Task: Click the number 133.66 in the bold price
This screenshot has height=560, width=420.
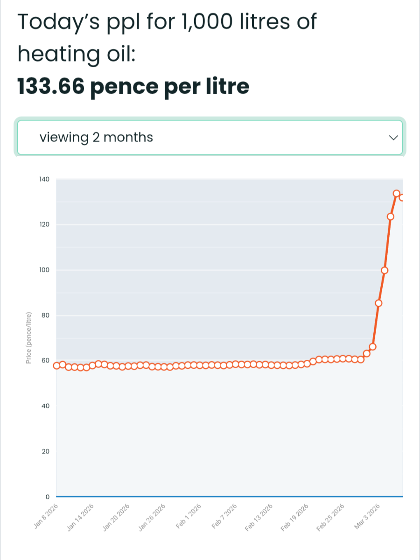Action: tap(51, 86)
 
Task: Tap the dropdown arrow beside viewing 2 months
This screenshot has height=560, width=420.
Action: tap(393, 138)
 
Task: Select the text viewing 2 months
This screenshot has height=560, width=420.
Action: tap(96, 137)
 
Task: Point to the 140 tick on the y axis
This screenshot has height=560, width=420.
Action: tap(44, 179)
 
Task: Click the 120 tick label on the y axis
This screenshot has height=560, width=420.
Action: tap(44, 224)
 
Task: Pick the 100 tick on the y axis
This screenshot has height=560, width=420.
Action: tap(44, 270)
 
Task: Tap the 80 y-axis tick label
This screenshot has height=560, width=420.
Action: tap(45, 315)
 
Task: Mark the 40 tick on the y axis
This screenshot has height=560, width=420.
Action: tap(45, 406)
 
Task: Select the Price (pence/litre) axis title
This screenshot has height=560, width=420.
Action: tap(28, 337)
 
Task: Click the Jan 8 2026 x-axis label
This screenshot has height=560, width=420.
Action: tap(46, 517)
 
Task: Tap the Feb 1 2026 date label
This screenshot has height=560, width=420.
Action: tap(189, 516)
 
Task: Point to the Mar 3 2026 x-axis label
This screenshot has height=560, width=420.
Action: tap(368, 516)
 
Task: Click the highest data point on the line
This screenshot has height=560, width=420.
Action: tap(397, 193)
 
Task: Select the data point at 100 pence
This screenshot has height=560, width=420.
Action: tap(385, 270)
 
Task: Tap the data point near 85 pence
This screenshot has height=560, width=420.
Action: tap(378, 303)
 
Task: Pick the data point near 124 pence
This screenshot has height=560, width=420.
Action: tap(391, 217)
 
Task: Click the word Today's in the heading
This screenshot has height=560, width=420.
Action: tap(55, 22)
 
